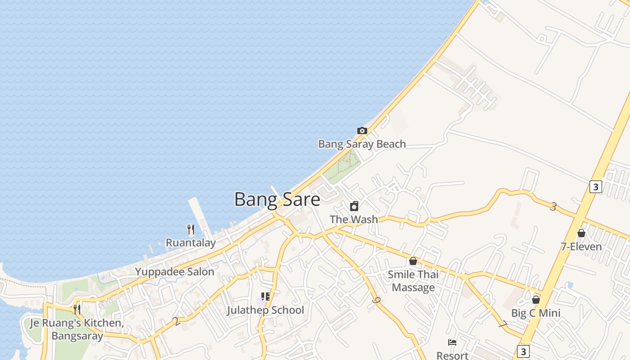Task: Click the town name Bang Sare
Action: tap(277, 199)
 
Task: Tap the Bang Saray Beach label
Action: tap(362, 144)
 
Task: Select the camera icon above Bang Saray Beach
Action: tap(362, 131)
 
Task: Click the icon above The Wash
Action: tap(354, 206)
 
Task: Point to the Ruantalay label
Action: tap(191, 243)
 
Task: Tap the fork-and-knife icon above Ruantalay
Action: tap(191, 229)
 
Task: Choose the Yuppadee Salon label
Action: tap(175, 272)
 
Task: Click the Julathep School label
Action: tap(265, 310)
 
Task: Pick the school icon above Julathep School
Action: tap(265, 297)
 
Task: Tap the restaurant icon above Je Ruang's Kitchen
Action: tap(77, 309)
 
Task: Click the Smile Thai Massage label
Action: tap(413, 281)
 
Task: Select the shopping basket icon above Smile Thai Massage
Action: tap(413, 261)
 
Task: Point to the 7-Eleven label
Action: tap(581, 247)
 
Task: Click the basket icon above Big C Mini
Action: tap(536, 300)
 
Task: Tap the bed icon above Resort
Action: tap(452, 343)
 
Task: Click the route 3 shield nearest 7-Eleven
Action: tap(595, 186)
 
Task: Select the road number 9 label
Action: tap(376, 300)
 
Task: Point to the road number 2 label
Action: tap(176, 321)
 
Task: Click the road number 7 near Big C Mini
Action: tap(503, 324)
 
